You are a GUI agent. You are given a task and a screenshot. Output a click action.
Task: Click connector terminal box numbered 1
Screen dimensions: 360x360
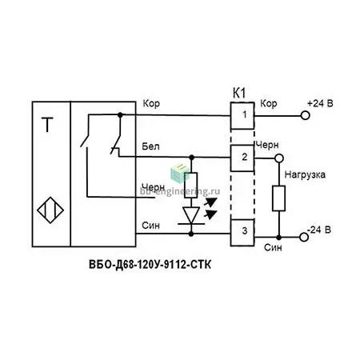click(x=242, y=115)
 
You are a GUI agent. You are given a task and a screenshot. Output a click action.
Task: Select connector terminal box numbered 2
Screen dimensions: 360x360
click(x=242, y=158)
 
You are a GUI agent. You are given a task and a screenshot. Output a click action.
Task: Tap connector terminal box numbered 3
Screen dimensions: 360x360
click(x=242, y=233)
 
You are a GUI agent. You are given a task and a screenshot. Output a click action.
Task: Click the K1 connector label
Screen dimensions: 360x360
click(x=239, y=94)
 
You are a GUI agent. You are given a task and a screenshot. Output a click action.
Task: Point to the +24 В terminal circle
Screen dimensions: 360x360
click(x=305, y=116)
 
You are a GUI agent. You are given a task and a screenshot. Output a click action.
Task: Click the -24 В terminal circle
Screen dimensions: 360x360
click(x=304, y=237)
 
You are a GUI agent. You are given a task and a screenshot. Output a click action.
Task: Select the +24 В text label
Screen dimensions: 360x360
click(x=320, y=103)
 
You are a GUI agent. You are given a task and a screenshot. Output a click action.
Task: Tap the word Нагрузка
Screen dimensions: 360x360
click(x=305, y=175)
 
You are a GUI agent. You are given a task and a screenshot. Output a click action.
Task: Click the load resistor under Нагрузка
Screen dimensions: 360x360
click(x=279, y=198)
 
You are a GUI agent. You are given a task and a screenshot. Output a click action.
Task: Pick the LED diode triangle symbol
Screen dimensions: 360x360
click(x=191, y=215)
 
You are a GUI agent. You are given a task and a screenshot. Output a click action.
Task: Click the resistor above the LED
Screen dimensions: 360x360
click(x=191, y=185)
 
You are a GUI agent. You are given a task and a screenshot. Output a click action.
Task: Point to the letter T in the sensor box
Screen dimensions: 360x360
click(x=47, y=125)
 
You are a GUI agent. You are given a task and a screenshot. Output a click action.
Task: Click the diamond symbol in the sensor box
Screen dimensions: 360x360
click(x=50, y=210)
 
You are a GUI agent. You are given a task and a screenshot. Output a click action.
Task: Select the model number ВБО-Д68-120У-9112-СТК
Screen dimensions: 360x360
click(x=150, y=265)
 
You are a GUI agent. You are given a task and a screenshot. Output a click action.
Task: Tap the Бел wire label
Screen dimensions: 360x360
click(x=150, y=146)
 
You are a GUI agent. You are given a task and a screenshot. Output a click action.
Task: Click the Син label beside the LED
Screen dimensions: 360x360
click(x=150, y=226)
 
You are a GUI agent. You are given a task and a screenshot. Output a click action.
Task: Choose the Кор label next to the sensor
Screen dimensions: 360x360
click(x=151, y=103)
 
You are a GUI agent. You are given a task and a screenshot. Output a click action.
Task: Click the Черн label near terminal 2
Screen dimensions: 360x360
click(x=267, y=145)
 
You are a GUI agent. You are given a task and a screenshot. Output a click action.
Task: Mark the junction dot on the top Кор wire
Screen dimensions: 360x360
click(x=120, y=115)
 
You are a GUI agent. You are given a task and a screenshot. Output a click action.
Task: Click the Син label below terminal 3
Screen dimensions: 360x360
click(x=273, y=248)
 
